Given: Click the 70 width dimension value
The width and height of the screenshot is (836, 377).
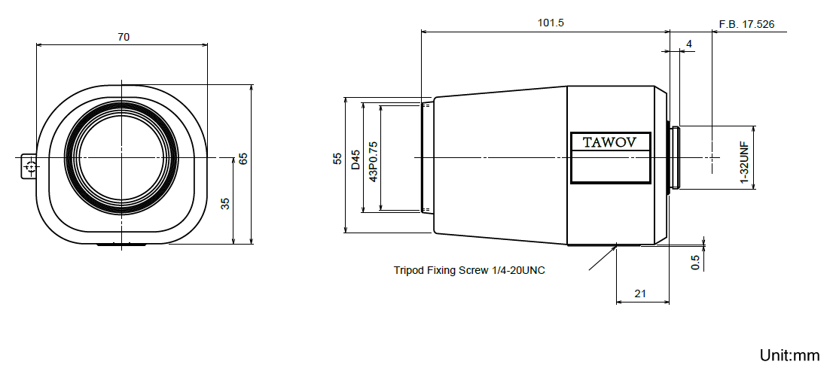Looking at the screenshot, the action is point(124,37).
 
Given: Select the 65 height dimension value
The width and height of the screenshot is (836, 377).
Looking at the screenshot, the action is point(243,159).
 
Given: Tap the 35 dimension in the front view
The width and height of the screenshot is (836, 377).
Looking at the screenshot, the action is point(225,203).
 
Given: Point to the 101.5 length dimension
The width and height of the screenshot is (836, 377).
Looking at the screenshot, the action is point(551,23).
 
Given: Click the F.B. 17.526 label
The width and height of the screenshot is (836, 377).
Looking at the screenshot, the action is point(746,24).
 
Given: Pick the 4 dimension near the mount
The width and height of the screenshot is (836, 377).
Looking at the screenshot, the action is point(689,44).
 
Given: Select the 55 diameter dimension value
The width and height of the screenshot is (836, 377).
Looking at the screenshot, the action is point(337,159).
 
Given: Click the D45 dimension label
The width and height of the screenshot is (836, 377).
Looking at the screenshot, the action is point(355,160).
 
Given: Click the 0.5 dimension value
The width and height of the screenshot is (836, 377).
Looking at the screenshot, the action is point(695,262).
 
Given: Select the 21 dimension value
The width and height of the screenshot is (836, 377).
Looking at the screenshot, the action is point(640,293).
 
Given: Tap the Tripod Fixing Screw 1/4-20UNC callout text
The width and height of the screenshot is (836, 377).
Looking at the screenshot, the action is point(469,270).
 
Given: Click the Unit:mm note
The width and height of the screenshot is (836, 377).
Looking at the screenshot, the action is point(789,355).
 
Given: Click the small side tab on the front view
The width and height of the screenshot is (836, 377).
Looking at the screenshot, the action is point(29,166).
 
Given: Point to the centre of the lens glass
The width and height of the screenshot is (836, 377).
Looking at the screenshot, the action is point(121,157).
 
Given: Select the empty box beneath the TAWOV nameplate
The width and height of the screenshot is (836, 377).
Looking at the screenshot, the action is point(611,167).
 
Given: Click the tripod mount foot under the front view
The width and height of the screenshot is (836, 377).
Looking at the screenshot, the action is point(121,245).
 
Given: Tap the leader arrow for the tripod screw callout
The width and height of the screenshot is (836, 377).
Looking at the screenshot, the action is point(603,257).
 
